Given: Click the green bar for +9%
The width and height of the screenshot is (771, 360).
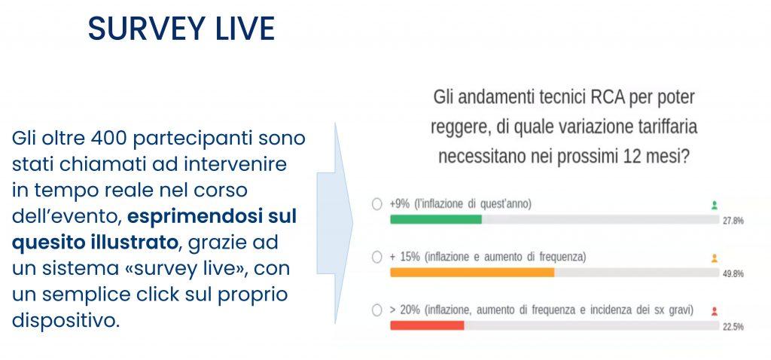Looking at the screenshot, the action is coord(436,219).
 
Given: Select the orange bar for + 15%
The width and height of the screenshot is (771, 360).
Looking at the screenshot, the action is coord(472,273).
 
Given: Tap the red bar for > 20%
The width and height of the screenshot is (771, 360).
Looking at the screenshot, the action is coord(428,325).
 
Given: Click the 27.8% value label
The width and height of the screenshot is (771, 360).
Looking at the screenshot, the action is coord(733,221).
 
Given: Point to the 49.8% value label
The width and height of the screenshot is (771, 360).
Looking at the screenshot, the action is coord(733,274).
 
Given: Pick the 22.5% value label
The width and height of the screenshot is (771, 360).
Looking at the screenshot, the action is coord(733,327).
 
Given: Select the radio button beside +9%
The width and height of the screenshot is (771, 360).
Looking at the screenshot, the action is coord(377,204).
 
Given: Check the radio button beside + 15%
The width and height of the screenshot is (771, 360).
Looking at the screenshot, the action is coord(377,257).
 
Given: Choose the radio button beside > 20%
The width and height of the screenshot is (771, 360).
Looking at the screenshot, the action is coord(377,310).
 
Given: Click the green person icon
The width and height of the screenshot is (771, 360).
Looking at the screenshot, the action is coord(715,206).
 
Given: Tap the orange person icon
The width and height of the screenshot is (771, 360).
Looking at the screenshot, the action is coord(715,258).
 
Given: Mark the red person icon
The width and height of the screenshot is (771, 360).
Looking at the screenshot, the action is coord(715,311).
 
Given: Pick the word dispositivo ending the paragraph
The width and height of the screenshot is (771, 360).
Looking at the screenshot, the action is coord(66,321).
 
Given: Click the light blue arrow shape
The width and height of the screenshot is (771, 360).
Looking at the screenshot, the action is coord(335,223).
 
